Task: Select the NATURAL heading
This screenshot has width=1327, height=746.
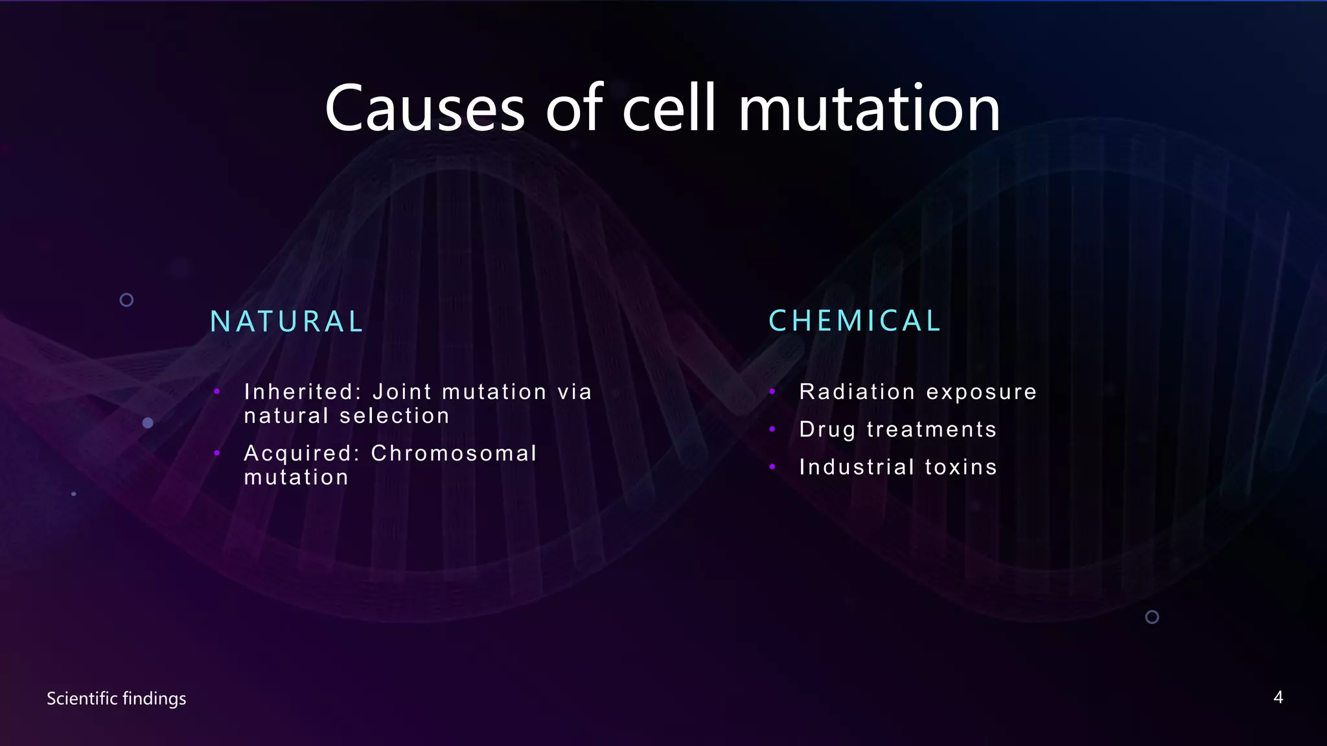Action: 287,322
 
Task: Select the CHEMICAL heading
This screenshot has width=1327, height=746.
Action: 855,321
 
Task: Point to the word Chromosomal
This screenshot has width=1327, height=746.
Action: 454,453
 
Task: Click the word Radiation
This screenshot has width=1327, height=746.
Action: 857,392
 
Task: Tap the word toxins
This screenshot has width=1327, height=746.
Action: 961,467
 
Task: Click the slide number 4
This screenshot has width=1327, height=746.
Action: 1278,697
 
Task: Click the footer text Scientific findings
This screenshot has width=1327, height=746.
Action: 117,699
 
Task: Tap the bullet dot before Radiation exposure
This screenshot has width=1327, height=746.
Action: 772,391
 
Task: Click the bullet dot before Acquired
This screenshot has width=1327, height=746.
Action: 217,453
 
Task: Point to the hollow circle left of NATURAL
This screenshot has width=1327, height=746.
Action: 127,300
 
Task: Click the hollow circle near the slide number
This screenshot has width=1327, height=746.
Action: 1152,617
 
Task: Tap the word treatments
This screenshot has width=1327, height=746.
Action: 931,430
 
